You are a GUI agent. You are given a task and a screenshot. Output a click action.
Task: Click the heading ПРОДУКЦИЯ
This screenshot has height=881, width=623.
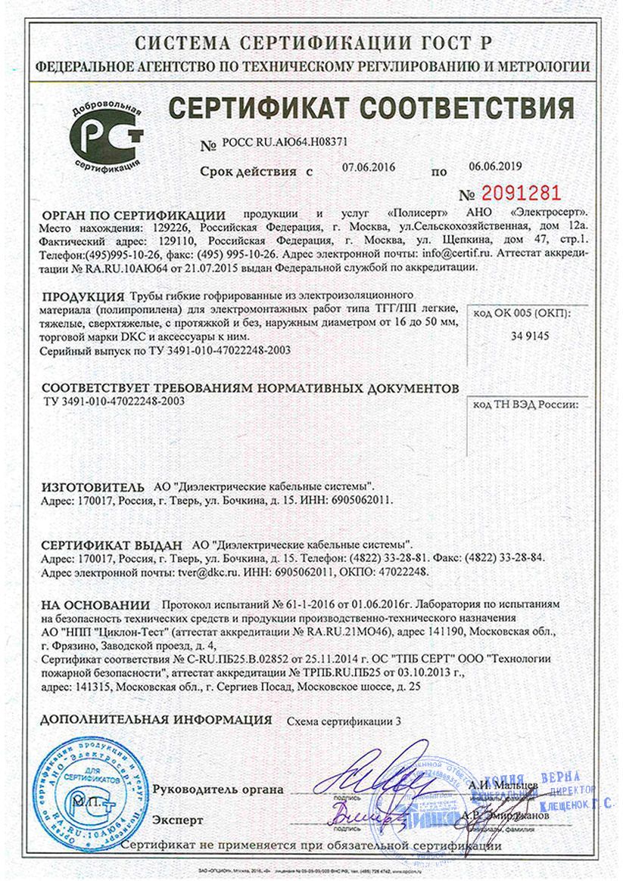pyautogui.click(x=83, y=296)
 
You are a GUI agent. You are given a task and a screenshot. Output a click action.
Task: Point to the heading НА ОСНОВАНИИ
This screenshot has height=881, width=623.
pyautogui.click(x=96, y=605)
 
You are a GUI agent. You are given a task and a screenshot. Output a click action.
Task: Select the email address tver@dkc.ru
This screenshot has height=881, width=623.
pyautogui.click(x=207, y=572)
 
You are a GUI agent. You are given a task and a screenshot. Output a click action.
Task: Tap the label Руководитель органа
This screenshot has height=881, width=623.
pyautogui.click(x=218, y=789)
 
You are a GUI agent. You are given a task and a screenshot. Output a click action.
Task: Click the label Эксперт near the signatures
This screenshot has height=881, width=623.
pyautogui.click(x=178, y=819)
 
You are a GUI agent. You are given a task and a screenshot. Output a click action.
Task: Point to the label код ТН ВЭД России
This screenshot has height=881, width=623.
pyautogui.click(x=526, y=405)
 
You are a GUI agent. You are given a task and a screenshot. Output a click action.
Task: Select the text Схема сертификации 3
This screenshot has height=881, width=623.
pyautogui.click(x=344, y=720)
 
